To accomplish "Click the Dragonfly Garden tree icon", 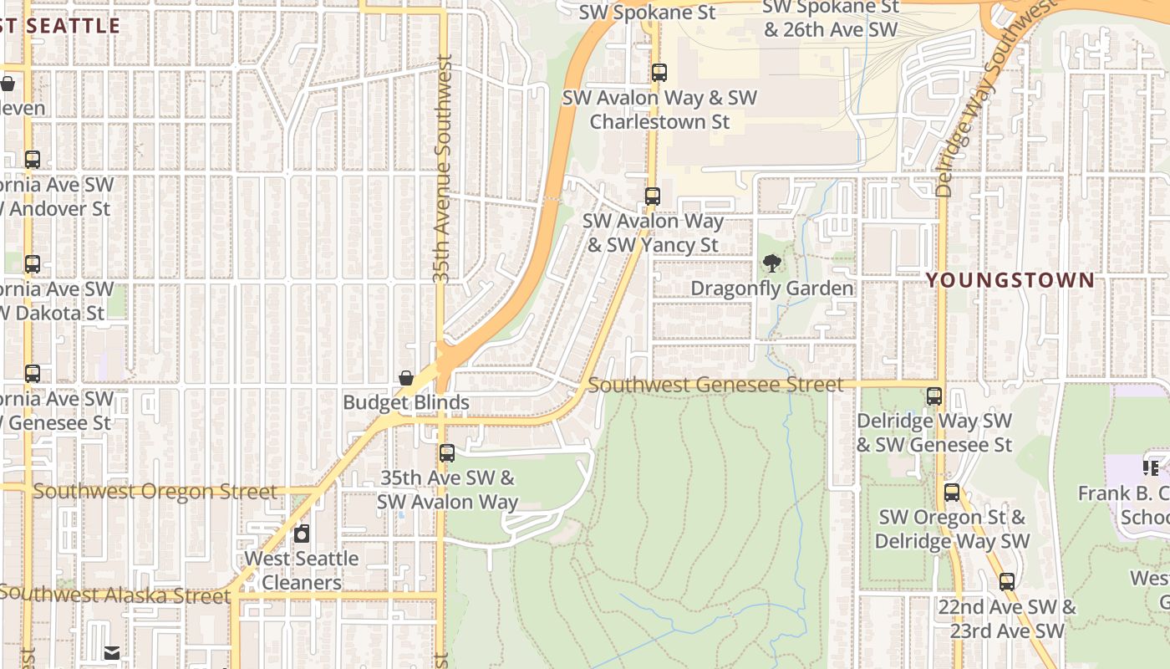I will tap(772, 263).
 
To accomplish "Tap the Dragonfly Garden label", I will tap(772, 289).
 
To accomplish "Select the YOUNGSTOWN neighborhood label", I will tap(1010, 280).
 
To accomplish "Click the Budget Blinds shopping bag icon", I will tap(406, 378).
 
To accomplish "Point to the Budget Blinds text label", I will tap(406, 402).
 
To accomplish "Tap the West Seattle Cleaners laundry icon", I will tap(302, 533).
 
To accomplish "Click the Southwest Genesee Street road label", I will tap(715, 385).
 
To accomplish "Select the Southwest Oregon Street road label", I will tap(155, 491).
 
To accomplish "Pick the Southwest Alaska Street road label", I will tap(114, 595).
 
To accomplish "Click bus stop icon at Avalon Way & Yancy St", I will tap(653, 197).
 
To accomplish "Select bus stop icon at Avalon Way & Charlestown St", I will tap(659, 73).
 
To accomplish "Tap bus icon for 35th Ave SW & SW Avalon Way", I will tap(447, 453).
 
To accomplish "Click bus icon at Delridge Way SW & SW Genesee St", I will tap(934, 396).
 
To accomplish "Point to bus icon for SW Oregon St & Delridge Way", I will tap(952, 493).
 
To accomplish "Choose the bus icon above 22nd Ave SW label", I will tap(1007, 582).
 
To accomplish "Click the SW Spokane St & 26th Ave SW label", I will tap(831, 18).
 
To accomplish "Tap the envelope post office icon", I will tap(111, 653).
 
